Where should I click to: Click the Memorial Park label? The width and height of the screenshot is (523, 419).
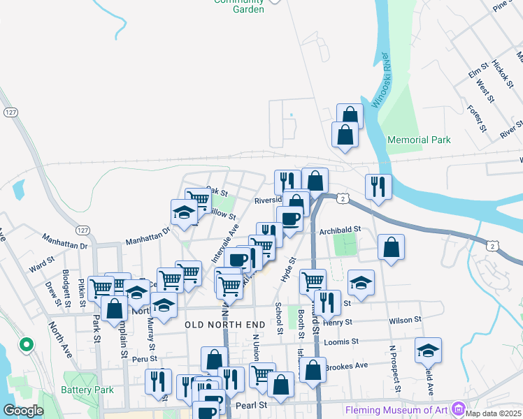(x=419, y=140)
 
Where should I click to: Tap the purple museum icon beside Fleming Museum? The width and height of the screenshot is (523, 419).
(x=458, y=407)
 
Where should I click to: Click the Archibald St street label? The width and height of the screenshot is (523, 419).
(x=339, y=229)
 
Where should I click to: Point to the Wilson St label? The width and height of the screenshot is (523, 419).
(x=406, y=320)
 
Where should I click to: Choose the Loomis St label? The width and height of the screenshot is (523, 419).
(x=341, y=342)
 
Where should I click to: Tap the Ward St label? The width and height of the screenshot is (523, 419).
(x=41, y=265)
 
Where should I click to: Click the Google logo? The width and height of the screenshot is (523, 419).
(x=23, y=411)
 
